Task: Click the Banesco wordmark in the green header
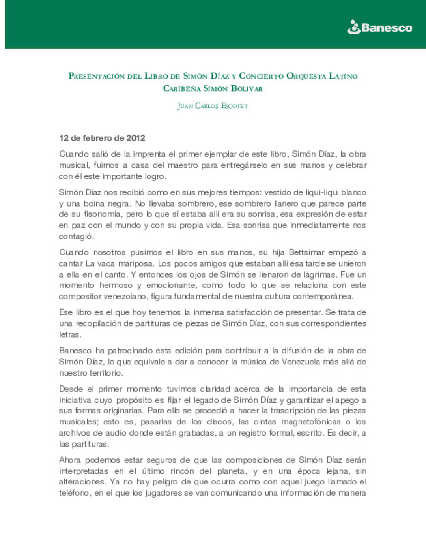tap(387, 28)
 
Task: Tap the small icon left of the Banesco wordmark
tap(353, 27)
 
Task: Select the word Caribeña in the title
tap(181, 88)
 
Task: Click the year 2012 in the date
tap(136, 138)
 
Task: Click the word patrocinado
tap(130, 351)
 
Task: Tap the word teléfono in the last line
tap(74, 493)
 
